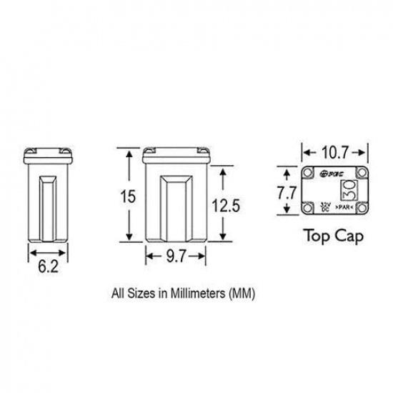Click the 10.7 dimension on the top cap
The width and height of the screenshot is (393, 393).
(x=334, y=152)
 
